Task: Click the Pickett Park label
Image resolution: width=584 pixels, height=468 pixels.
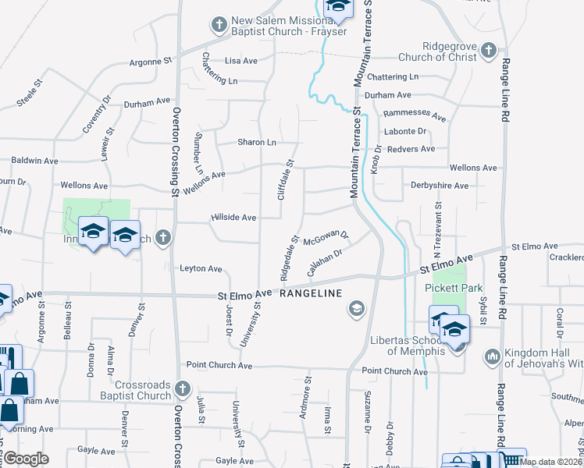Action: (x=450, y=288)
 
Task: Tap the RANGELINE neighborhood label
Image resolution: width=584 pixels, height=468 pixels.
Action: (x=311, y=293)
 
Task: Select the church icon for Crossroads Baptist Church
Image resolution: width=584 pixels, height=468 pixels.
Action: (x=182, y=388)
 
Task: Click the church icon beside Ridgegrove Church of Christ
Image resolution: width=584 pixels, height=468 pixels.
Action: (x=489, y=51)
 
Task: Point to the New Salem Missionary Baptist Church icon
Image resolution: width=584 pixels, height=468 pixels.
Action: (x=219, y=24)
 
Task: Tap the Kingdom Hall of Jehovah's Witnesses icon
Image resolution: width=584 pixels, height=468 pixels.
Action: (x=492, y=357)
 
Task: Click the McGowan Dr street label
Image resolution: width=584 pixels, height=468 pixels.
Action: (x=326, y=236)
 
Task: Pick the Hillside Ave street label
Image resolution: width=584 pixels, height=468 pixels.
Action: (x=233, y=218)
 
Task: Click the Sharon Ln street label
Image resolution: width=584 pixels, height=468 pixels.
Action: (x=257, y=142)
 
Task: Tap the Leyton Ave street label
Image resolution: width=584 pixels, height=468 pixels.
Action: (x=201, y=268)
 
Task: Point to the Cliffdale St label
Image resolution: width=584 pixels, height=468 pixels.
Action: (x=285, y=180)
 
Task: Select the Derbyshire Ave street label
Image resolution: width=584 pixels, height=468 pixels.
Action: (x=439, y=186)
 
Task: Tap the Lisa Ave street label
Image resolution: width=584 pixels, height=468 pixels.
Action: (x=240, y=60)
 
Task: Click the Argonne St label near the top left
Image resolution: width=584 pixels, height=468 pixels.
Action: (x=150, y=60)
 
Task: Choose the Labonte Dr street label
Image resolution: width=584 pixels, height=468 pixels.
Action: (x=405, y=131)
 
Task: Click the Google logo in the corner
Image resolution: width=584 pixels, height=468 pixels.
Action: (x=26, y=459)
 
